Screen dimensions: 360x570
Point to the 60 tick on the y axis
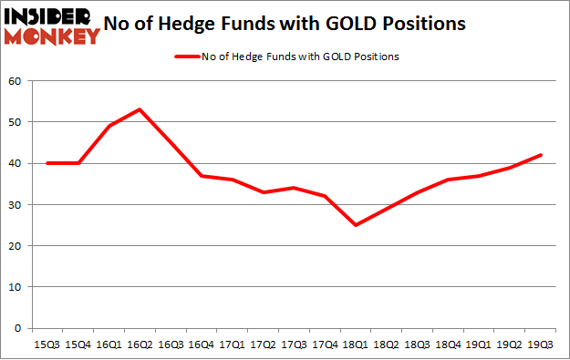[15, 81]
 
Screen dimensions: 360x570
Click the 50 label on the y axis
[15, 122]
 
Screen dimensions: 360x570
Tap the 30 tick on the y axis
[15, 205]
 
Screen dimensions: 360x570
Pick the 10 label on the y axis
[15, 287]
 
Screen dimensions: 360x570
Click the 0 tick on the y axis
[17, 328]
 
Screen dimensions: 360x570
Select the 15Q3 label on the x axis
[48, 345]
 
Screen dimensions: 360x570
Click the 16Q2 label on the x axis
[140, 345]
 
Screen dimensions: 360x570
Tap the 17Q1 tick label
[233, 345]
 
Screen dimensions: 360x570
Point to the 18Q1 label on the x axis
[355, 345]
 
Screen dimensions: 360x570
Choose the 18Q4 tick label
[447, 345]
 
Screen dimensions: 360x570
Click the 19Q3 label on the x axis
[539, 345]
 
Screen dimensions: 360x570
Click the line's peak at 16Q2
[140, 109]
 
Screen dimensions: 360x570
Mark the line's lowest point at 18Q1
[355, 225]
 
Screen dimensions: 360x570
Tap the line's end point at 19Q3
[539, 155]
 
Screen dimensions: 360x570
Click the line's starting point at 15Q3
[48, 163]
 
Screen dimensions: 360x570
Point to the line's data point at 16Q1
[109, 126]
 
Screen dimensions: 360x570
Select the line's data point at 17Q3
[294, 188]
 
